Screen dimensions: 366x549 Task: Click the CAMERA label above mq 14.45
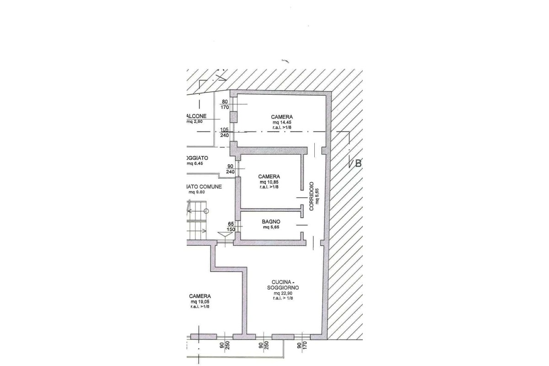pyautogui.click(x=281, y=117)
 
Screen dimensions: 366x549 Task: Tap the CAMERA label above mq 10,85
pyautogui.click(x=269, y=176)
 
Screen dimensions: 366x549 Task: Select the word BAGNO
pyautogui.click(x=271, y=221)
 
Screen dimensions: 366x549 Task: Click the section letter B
pyautogui.click(x=358, y=163)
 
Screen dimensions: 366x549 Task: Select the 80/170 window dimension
pyautogui.click(x=225, y=105)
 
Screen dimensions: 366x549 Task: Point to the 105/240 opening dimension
pyautogui.click(x=225, y=133)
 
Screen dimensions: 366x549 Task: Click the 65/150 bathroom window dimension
pyautogui.click(x=231, y=226)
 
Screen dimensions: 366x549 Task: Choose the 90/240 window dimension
pyautogui.click(x=230, y=169)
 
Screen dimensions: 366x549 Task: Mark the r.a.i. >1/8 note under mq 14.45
pyautogui.click(x=282, y=128)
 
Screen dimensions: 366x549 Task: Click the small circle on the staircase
pyautogui.click(x=206, y=211)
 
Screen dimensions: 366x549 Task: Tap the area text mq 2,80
pyautogui.click(x=194, y=122)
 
